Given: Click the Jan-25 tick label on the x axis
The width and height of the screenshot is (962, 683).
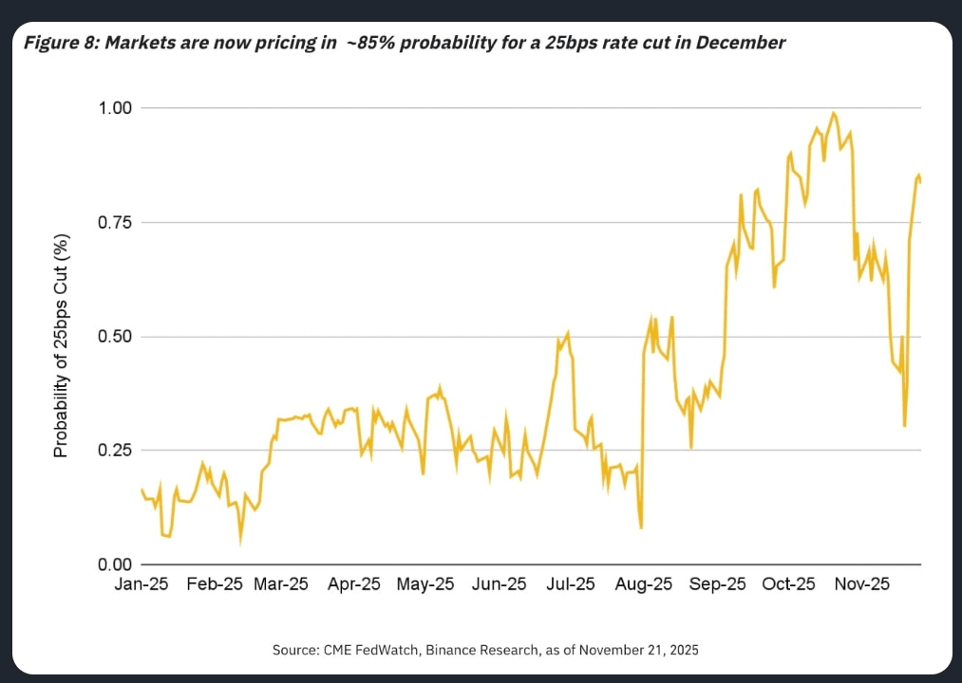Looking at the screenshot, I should coord(141,584).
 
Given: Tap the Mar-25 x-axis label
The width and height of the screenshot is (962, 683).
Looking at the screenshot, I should coord(281,584).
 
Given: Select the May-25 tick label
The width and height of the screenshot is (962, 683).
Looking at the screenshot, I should coord(426,584).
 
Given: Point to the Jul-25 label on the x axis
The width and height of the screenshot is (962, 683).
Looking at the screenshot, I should coord(571,584).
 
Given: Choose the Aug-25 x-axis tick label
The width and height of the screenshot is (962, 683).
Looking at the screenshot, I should coord(643,584).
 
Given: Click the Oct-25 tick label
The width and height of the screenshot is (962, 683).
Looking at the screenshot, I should coord(789,584).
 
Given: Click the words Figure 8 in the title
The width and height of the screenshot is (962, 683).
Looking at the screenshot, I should coord(60,43).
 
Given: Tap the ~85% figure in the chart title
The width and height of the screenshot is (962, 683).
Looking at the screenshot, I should coord(369,43).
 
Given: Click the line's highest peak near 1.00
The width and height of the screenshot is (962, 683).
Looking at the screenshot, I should coord(834,114).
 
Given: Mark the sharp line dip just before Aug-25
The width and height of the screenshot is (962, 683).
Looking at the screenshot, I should coord(642,527).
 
